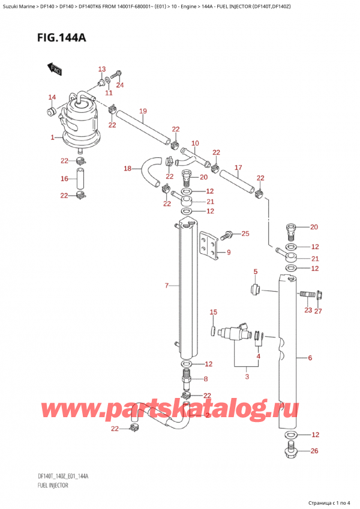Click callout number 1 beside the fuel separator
53,138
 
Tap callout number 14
52,98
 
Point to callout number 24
119,85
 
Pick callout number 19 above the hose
143,110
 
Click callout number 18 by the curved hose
127,169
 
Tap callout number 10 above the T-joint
194,143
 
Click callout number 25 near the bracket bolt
244,233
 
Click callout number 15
212,312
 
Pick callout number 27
319,310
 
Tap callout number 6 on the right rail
310,358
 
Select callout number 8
205,379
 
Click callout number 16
64,179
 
